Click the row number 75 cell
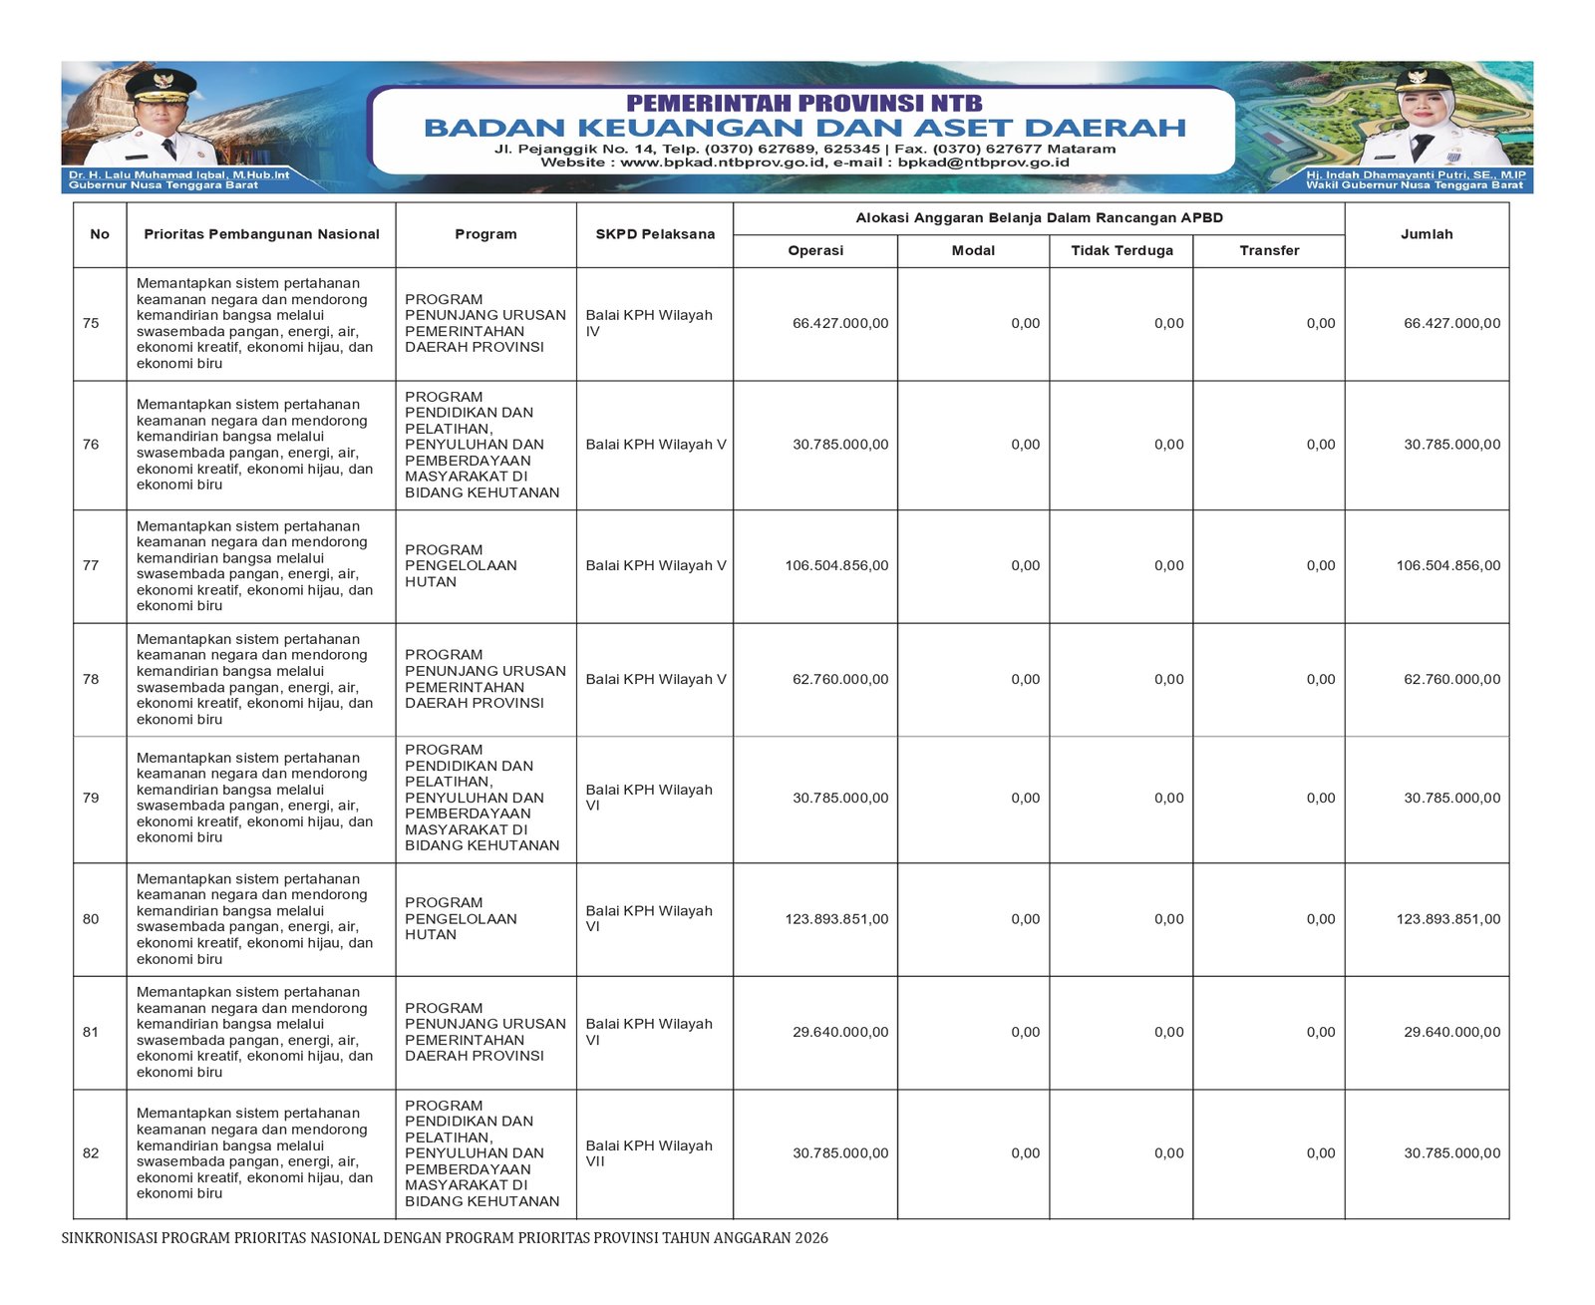[x=91, y=323]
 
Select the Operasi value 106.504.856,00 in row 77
[x=836, y=565]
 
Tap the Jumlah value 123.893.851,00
[x=1447, y=919]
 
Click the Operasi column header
[x=815, y=250]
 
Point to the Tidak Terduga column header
[x=1121, y=250]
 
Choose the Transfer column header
[x=1269, y=250]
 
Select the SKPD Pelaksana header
[x=655, y=234]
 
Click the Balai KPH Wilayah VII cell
[x=649, y=1153]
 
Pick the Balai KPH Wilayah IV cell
[x=649, y=323]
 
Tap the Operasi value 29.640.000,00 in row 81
[x=840, y=1032]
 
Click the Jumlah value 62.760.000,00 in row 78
[x=1451, y=679]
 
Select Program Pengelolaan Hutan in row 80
[x=461, y=918]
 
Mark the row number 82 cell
[x=91, y=1153]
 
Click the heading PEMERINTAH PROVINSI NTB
[x=803, y=104]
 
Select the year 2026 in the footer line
[x=811, y=1238]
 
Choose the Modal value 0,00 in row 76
[x=1025, y=445]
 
